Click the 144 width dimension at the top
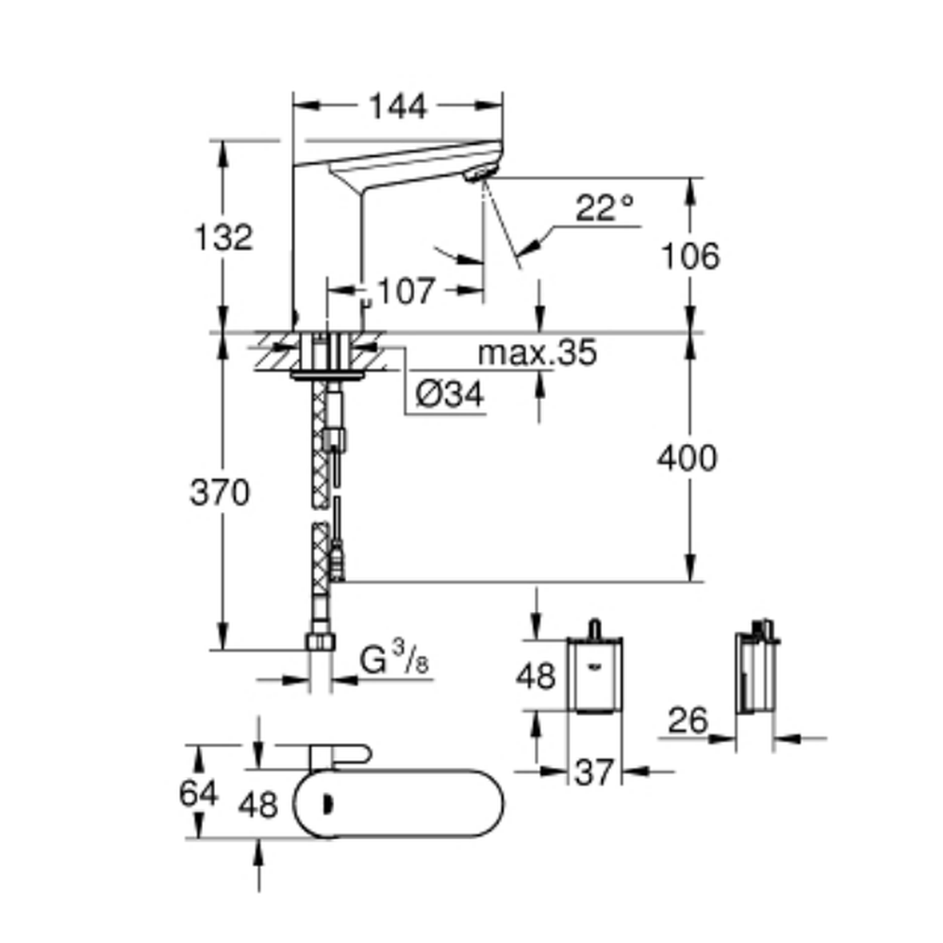click(398, 107)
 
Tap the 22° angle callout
click(604, 207)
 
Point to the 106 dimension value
click(690, 256)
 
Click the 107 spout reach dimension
click(405, 291)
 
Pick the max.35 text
click(538, 353)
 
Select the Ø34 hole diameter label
click(450, 394)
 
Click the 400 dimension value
click(687, 457)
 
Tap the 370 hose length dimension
click(220, 492)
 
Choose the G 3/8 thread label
click(394, 658)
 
